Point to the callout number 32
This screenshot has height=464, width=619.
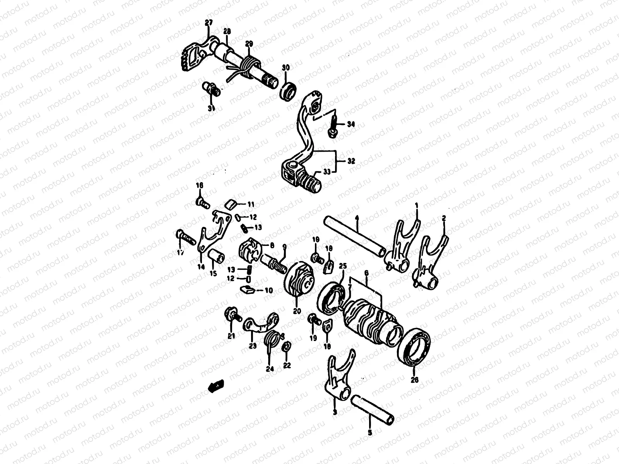(x=351, y=161)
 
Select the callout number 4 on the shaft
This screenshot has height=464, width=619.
(x=357, y=219)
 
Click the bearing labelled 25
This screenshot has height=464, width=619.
(x=331, y=298)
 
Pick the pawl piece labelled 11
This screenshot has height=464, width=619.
(x=231, y=204)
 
